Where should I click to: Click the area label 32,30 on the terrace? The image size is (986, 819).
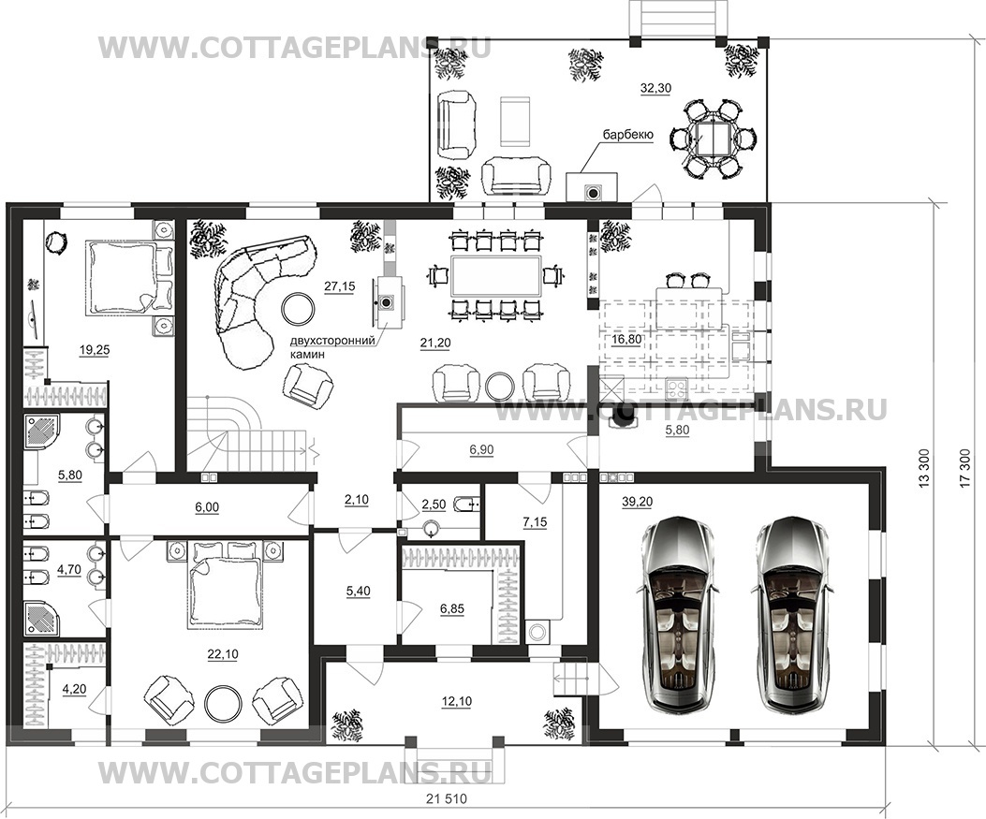pyautogui.click(x=655, y=89)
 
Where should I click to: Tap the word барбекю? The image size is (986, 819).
pyautogui.click(x=628, y=135)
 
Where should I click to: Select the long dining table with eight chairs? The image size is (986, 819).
pyautogui.click(x=495, y=276)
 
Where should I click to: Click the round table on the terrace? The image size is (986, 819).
pyautogui.click(x=714, y=139)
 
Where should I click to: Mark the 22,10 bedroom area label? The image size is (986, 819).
pyautogui.click(x=224, y=654)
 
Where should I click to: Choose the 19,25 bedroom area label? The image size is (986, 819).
pyautogui.click(x=95, y=351)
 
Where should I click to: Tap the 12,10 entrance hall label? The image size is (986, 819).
pyautogui.click(x=457, y=701)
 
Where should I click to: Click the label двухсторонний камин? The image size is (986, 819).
pyautogui.click(x=331, y=347)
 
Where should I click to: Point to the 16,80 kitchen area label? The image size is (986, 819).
pyautogui.click(x=627, y=340)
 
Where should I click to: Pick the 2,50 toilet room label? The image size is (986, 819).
pyautogui.click(x=434, y=505)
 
